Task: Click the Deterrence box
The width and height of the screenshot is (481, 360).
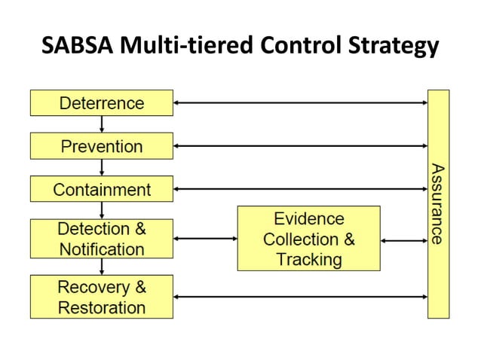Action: [101, 102]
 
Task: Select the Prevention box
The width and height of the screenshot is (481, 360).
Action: [101, 145]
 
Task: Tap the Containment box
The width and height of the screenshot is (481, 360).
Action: [101, 189]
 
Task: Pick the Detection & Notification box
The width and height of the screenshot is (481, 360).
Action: [101, 238]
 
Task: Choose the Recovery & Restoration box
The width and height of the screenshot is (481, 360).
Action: [101, 296]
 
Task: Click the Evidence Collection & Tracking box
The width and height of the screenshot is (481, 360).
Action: [308, 239]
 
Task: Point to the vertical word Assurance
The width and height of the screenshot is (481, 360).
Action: [437, 203]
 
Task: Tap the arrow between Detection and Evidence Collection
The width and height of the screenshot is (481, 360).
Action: [205, 239]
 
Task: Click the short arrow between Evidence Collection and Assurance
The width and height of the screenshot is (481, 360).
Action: [403, 241]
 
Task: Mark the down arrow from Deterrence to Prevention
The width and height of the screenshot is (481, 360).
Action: [101, 124]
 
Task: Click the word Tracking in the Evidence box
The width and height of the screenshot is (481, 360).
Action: [308, 260]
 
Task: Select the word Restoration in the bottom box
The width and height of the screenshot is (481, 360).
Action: [101, 307]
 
